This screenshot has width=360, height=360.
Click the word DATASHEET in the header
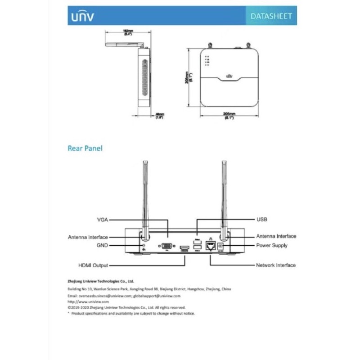(271, 16)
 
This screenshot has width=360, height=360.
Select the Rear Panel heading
(85, 148)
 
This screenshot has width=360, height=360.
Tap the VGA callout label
(103, 220)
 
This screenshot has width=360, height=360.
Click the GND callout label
(101, 245)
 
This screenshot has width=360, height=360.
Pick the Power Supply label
(272, 245)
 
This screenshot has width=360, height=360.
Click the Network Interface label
(276, 265)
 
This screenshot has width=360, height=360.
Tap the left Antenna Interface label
(88, 237)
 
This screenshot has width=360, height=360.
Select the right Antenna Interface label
(276, 236)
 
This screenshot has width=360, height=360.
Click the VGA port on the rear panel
(166, 246)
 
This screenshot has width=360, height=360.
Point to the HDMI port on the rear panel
(184, 248)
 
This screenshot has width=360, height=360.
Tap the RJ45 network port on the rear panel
(210, 246)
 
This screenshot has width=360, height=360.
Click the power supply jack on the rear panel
(220, 246)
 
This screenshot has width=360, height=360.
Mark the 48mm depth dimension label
(159, 116)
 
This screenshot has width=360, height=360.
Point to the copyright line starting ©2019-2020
(126, 307)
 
